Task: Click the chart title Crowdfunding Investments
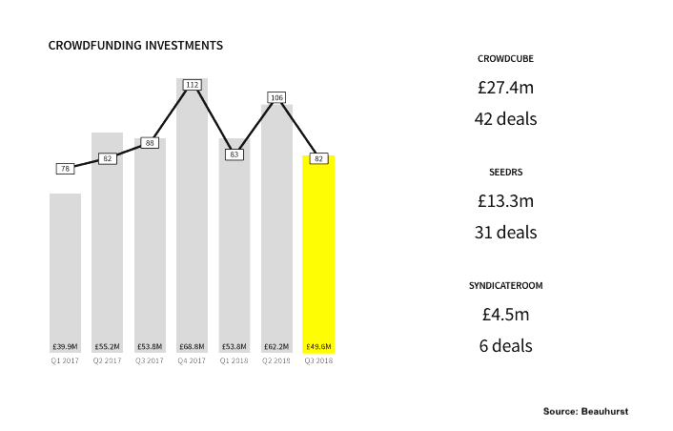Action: [x=135, y=45]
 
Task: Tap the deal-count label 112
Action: [x=192, y=85]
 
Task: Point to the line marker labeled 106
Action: [x=276, y=97]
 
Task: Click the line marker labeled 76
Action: [x=65, y=169]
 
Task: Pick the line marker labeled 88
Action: [x=150, y=143]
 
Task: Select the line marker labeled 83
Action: [x=234, y=154]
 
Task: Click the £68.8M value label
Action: [x=192, y=346]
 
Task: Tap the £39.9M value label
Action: [x=65, y=346]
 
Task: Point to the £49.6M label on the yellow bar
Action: [x=318, y=346]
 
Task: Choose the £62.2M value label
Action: [x=276, y=346]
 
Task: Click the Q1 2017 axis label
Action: [x=65, y=360]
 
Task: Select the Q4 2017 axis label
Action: [x=192, y=360]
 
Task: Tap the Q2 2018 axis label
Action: [x=276, y=360]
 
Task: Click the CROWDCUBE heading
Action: [x=505, y=59]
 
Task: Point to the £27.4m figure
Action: [x=505, y=88]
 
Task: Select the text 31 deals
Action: [x=505, y=232]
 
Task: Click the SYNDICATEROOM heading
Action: [x=505, y=286]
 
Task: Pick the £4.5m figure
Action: [x=505, y=315]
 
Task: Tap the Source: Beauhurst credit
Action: [x=586, y=410]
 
